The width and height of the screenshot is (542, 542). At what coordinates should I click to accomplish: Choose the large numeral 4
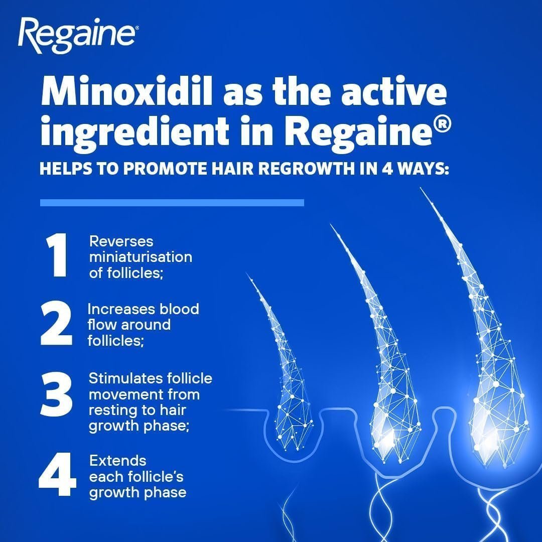coord(57,476)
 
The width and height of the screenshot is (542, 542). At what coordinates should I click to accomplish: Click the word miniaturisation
coord(140,257)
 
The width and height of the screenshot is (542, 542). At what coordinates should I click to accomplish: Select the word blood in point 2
coord(179,309)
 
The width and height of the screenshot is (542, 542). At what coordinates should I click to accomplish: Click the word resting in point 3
coord(111,410)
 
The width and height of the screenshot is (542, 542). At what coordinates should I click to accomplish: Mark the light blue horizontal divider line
coord(172,203)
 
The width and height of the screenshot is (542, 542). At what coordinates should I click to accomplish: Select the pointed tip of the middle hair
coord(331,224)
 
